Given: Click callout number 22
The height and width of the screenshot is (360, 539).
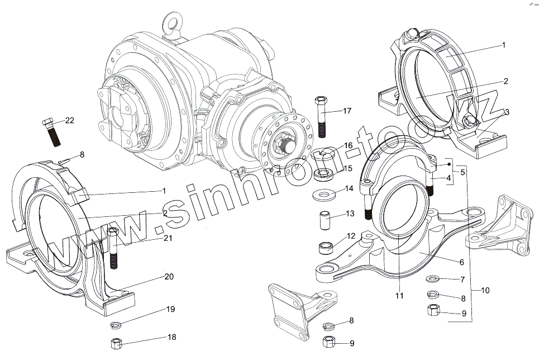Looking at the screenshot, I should click(x=69, y=121).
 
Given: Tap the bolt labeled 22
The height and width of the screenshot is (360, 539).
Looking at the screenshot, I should click(x=53, y=132).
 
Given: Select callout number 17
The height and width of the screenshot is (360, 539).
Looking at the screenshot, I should click(x=347, y=111).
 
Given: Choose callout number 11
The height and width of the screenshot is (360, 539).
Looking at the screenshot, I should click(x=399, y=296).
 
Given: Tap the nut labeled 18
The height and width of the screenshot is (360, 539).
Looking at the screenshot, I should click(x=117, y=342).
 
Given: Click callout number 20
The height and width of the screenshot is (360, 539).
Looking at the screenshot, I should click(x=169, y=276).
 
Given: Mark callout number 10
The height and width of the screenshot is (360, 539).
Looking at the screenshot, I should click(x=485, y=290).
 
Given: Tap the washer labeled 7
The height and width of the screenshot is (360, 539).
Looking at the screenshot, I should click(x=433, y=278).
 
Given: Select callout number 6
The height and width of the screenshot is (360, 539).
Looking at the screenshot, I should click(x=461, y=262).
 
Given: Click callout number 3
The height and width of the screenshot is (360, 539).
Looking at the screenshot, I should click(x=507, y=112).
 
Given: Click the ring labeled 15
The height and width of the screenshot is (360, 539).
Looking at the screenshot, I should click(x=323, y=176).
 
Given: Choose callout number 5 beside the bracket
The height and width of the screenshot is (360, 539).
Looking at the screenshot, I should click(x=462, y=172).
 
